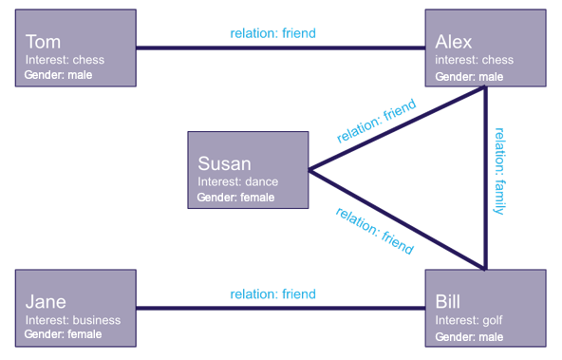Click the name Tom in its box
43,42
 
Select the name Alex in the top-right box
454,42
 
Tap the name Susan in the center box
224,163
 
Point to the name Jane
46,302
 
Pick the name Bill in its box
447,302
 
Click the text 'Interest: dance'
237,181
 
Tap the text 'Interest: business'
73,320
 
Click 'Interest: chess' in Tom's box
65,60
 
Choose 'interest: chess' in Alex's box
474,60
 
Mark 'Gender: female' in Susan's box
235,198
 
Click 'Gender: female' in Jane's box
63,334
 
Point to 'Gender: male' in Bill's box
469,336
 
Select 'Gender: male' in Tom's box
58,74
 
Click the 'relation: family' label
499,171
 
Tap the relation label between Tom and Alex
272,33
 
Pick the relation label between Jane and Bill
272,294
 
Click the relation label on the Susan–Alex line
376,121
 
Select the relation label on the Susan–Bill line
375,231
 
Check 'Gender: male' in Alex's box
469,76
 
